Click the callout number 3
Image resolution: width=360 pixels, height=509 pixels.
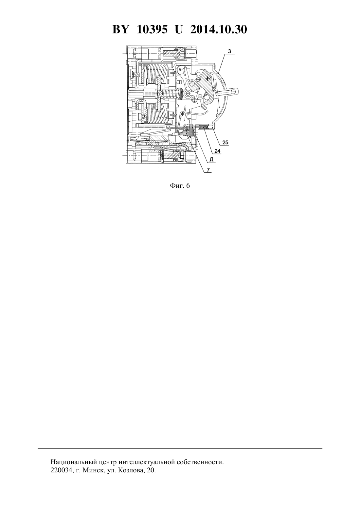[229, 51]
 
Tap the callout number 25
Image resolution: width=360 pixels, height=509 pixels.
[225, 143]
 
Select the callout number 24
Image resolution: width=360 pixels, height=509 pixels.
[217, 151]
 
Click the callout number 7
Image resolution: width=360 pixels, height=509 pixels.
[208, 169]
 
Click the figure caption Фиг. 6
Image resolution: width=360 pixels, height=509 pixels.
[180, 186]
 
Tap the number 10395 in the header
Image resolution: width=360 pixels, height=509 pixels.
[152, 30]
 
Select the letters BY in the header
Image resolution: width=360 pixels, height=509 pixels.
[120, 30]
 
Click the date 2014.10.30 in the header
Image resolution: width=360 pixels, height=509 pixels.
[218, 30]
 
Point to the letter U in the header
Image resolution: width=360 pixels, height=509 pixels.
[179, 30]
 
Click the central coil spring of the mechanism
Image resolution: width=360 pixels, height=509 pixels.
[170, 94]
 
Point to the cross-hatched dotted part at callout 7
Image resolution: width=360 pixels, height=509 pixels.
[186, 133]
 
